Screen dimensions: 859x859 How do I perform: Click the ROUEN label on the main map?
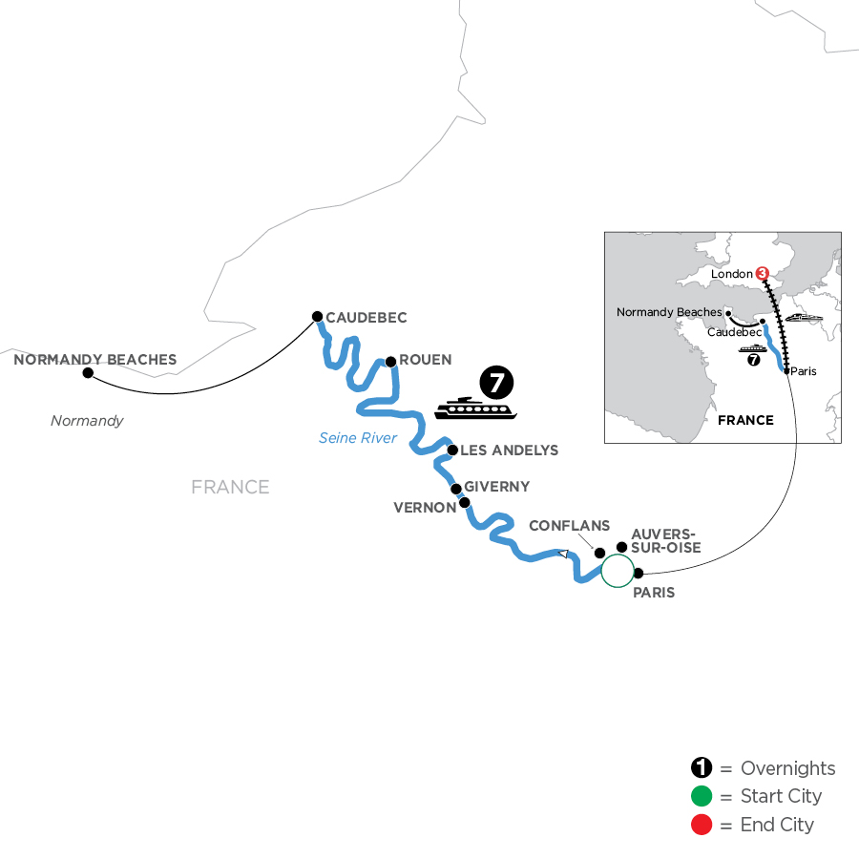(426, 361)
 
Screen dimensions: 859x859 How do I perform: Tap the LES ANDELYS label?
(511, 450)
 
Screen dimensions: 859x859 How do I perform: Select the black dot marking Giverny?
(456, 489)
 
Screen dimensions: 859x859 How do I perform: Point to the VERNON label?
(425, 508)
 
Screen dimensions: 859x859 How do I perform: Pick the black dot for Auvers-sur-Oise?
(622, 547)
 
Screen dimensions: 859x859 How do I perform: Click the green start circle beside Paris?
(617, 570)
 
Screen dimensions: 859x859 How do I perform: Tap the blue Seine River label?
(358, 438)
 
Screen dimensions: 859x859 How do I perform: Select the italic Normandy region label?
(87, 420)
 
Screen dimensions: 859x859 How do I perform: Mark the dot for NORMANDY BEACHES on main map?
(88, 373)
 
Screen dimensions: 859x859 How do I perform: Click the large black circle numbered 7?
(496, 383)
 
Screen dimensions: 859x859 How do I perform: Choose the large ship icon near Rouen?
(474, 409)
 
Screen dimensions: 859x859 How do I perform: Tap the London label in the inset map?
(732, 274)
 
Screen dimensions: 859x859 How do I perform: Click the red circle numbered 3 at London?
(762, 274)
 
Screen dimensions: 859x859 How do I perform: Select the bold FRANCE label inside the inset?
(745, 420)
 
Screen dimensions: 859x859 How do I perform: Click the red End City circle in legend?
(702, 825)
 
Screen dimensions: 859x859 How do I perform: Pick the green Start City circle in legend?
(702, 797)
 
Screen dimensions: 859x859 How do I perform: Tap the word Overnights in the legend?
(787, 769)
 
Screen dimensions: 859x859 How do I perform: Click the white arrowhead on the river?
(564, 553)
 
